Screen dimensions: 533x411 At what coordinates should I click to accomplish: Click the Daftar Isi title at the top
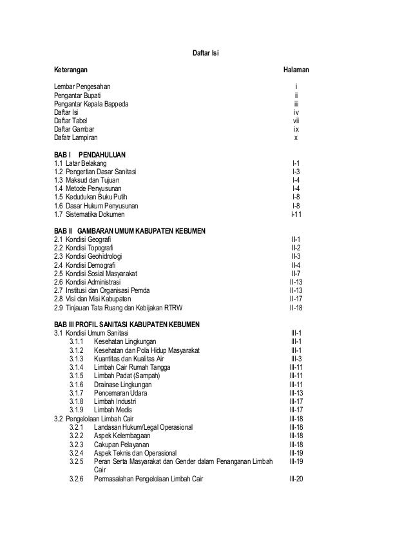206,52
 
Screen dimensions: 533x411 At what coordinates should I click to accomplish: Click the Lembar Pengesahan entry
82,86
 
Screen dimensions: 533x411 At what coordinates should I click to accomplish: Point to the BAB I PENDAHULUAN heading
90,155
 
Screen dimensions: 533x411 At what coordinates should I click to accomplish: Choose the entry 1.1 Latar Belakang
81,163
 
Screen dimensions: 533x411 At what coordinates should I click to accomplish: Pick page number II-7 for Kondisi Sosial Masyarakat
296,273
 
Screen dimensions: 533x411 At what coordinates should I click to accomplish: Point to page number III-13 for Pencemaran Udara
296,392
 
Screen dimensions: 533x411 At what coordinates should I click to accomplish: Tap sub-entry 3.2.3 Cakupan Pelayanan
120,443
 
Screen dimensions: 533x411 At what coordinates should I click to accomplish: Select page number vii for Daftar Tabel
296,120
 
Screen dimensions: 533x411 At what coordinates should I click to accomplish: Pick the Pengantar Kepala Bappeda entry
91,103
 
